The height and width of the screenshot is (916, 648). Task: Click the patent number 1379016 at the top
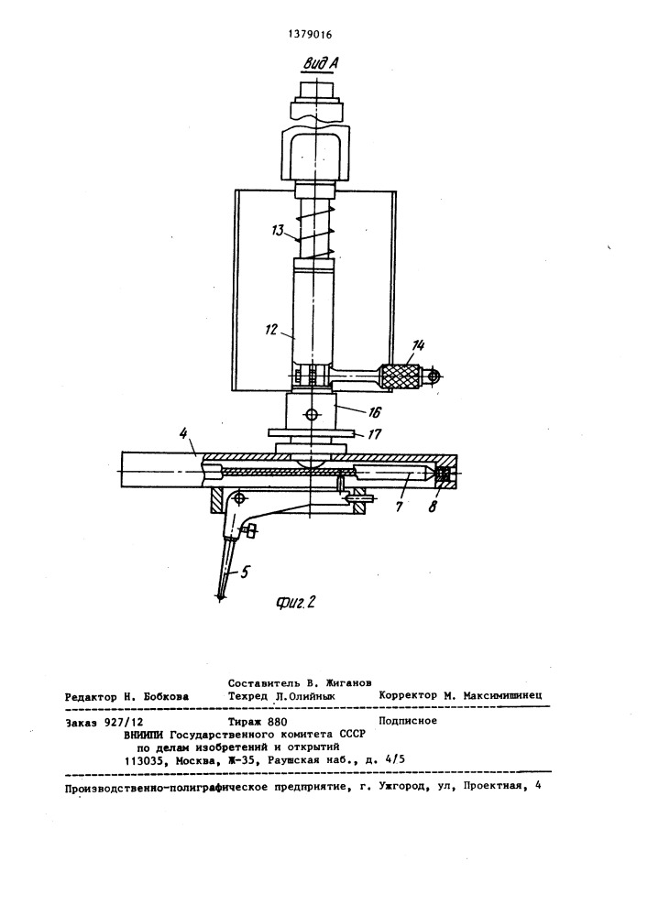point(310,35)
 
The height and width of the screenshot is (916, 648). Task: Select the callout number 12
point(270,330)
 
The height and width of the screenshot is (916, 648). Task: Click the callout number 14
point(417,346)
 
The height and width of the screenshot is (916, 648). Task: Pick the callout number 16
point(374,412)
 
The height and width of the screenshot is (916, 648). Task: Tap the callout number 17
point(374,434)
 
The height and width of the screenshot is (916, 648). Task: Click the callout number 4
point(183,434)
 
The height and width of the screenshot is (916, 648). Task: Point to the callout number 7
point(400,507)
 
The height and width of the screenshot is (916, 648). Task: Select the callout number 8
point(433,507)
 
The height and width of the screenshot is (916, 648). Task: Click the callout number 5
point(244,572)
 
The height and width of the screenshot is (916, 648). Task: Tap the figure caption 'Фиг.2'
point(295,603)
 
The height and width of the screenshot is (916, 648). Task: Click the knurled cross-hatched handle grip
point(401,376)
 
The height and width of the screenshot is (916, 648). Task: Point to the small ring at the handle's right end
point(433,376)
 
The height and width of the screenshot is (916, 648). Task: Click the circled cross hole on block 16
point(312,414)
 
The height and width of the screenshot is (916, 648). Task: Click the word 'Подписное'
point(408,721)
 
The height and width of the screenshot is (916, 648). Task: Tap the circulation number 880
point(278,722)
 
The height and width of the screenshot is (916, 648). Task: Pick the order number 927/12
point(124,723)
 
